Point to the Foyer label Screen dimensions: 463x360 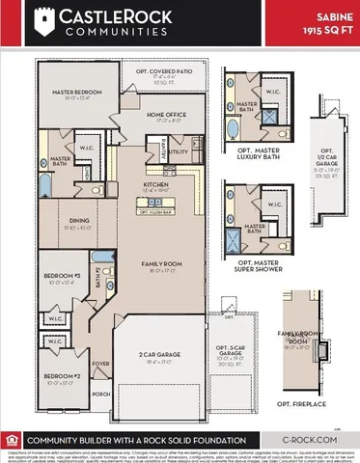(98, 339)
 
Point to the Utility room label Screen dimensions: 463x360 (180, 152)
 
